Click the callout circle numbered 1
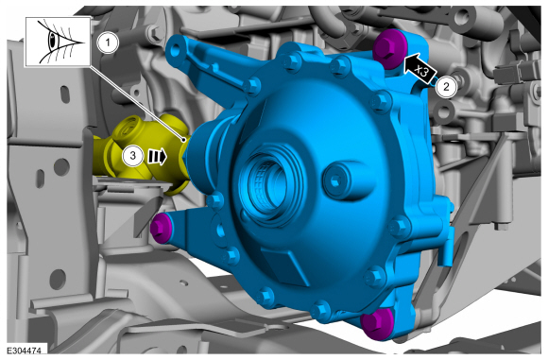click(108, 43)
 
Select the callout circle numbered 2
click(446, 87)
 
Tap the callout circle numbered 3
click(133, 156)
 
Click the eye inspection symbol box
click(58, 42)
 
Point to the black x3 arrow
click(420, 69)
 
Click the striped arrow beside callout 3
click(157, 157)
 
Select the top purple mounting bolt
click(389, 48)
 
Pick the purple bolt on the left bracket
click(161, 228)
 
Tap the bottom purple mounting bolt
click(376, 324)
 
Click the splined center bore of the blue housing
click(266, 182)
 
